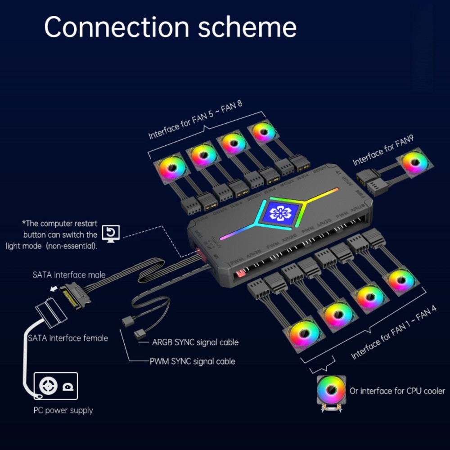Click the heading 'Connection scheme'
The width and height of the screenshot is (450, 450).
pyautogui.click(x=170, y=27)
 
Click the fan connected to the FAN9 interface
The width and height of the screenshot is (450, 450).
pyautogui.click(x=414, y=164)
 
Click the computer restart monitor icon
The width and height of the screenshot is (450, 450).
pyautogui.click(x=110, y=233)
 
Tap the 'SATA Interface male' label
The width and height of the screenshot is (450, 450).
pyautogui.click(x=69, y=274)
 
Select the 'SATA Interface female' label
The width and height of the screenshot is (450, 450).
pyautogui.click(x=67, y=337)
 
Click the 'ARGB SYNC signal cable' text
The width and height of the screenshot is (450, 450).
pyautogui.click(x=195, y=342)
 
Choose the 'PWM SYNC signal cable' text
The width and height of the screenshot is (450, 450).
pyautogui.click(x=192, y=361)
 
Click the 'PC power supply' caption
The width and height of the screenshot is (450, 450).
pyautogui.click(x=63, y=410)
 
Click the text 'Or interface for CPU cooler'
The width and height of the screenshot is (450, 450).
pyautogui.click(x=397, y=391)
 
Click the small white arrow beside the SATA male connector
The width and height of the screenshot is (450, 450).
pyautogui.click(x=55, y=290)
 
